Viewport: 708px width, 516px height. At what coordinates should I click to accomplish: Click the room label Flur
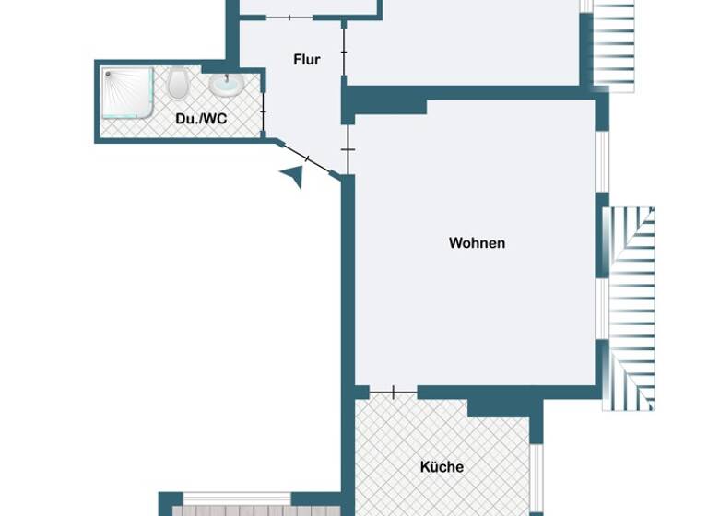point(307,60)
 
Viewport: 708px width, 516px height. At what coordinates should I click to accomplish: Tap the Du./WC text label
point(201,119)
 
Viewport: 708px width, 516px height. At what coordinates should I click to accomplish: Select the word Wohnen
point(477,243)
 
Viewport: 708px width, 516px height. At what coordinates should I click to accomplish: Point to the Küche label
point(442,467)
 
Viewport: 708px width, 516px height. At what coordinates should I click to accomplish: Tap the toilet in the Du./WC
point(179,85)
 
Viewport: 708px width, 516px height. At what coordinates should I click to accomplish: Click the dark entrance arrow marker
point(293,176)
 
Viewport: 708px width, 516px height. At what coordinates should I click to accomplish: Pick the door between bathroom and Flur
point(264,111)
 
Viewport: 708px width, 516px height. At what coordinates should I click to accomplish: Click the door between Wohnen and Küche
point(394,393)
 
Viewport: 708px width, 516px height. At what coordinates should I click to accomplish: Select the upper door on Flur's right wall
point(344,53)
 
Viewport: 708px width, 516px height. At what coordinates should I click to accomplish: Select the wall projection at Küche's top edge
point(499,406)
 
